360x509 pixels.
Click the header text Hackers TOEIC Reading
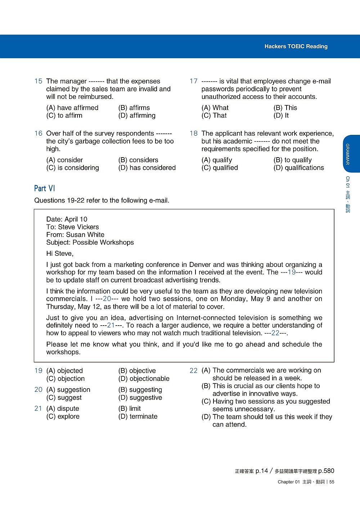(296, 46)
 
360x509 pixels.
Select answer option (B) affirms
(134, 108)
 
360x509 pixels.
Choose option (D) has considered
(147, 168)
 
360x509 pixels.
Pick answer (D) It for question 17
(281, 115)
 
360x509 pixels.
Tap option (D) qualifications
(298, 168)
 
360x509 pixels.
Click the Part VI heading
(45, 188)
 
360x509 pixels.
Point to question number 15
(38, 81)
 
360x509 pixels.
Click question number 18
(194, 133)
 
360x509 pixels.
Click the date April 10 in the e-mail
(76, 219)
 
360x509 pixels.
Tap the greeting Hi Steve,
(60, 254)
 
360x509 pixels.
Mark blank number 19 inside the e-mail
(292, 272)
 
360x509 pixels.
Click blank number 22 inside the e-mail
(275, 333)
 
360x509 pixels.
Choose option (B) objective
(137, 371)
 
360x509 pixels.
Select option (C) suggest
(64, 397)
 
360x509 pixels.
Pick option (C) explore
(63, 416)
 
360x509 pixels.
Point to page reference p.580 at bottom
(327, 471)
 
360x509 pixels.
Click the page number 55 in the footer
(332, 482)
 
